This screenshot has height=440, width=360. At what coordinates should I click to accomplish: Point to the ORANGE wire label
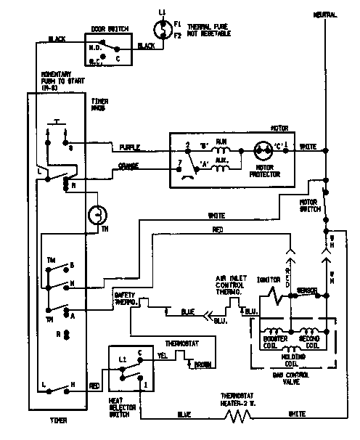click(129, 166)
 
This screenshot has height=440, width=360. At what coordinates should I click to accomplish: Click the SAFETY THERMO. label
click(125, 298)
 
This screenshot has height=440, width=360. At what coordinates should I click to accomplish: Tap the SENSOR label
click(310, 289)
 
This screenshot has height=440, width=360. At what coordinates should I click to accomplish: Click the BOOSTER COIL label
click(274, 341)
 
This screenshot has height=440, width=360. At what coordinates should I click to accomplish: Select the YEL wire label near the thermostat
click(163, 356)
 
